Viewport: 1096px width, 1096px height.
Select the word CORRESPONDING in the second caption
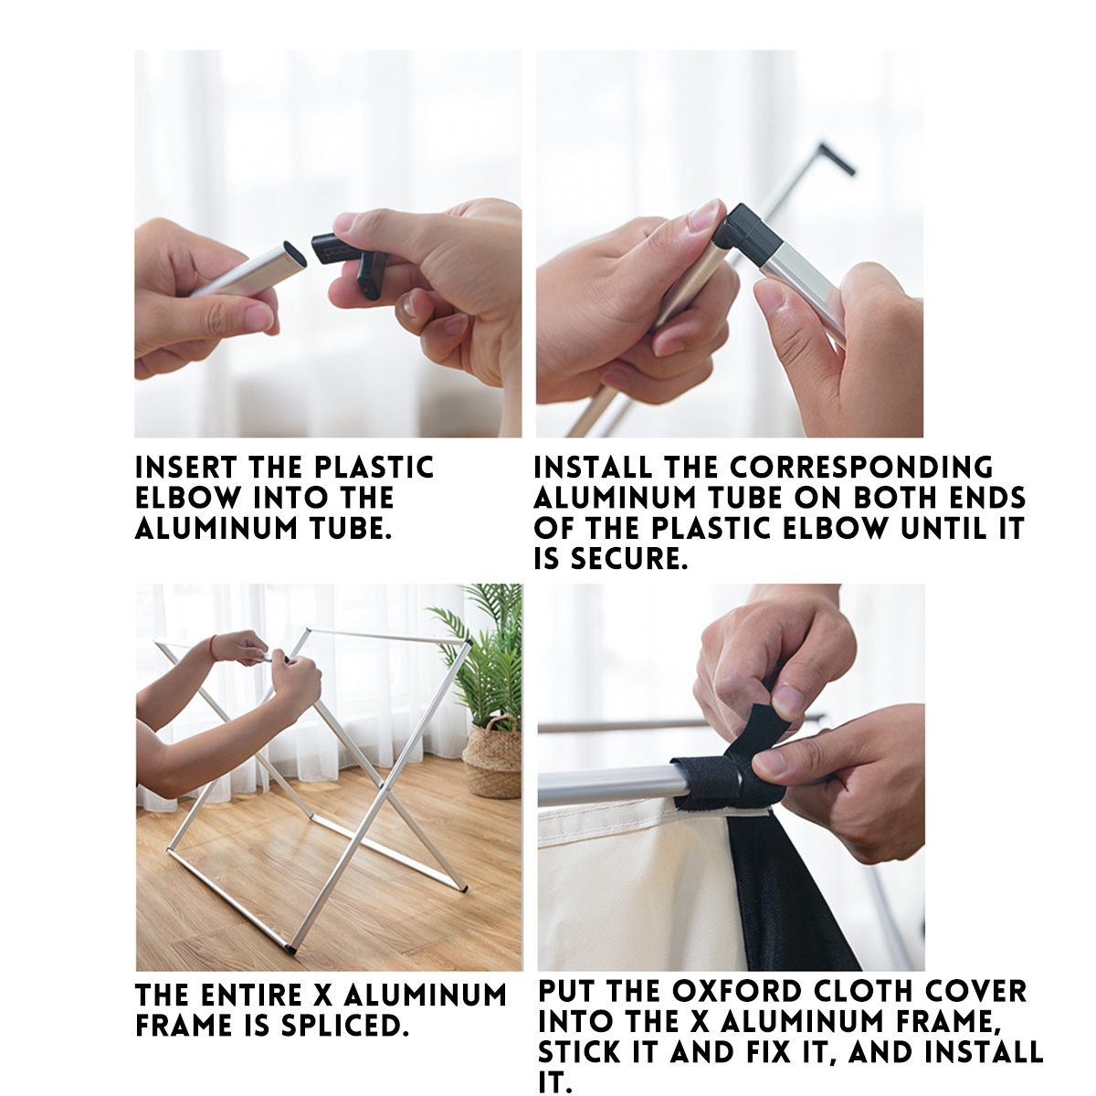coord(861,469)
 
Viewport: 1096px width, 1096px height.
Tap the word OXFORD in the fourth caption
coord(737,990)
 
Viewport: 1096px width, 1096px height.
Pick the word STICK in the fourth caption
coord(581,1051)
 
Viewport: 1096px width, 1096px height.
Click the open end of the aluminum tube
coord(295,254)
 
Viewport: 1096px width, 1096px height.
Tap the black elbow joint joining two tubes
coord(747,230)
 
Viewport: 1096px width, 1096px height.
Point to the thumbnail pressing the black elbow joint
coord(703,216)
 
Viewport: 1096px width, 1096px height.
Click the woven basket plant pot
coord(492,758)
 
